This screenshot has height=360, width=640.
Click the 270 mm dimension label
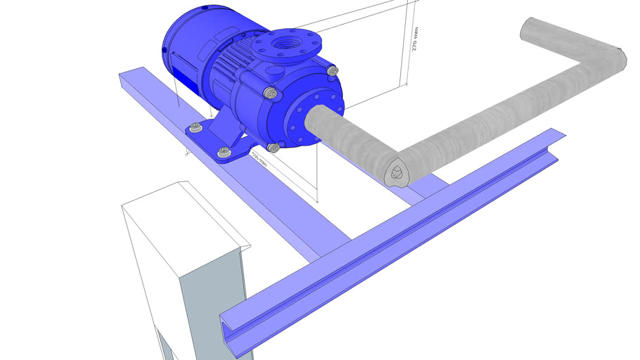pos(415,39)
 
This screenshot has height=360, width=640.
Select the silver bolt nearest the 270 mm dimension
pos(332,70)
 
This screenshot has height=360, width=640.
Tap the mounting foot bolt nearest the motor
pos(195,127)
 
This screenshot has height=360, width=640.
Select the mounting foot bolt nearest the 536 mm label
pos(224,151)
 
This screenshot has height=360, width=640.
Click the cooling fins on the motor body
pos(224,70)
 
